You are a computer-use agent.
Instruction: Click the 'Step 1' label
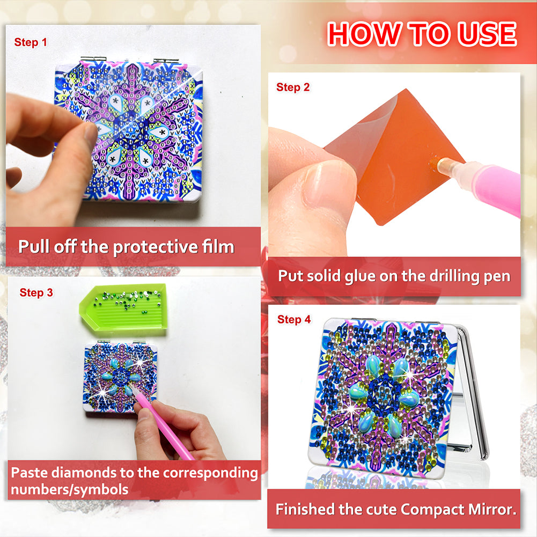click(x=31, y=42)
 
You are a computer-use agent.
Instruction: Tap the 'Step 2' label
click(x=293, y=87)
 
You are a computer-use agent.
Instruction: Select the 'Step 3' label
click(x=36, y=293)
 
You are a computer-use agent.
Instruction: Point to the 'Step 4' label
click(x=294, y=320)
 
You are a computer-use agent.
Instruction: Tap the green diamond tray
click(x=123, y=307)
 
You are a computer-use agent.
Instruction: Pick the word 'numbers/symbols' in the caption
click(x=70, y=490)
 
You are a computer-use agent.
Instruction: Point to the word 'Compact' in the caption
click(x=432, y=510)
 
